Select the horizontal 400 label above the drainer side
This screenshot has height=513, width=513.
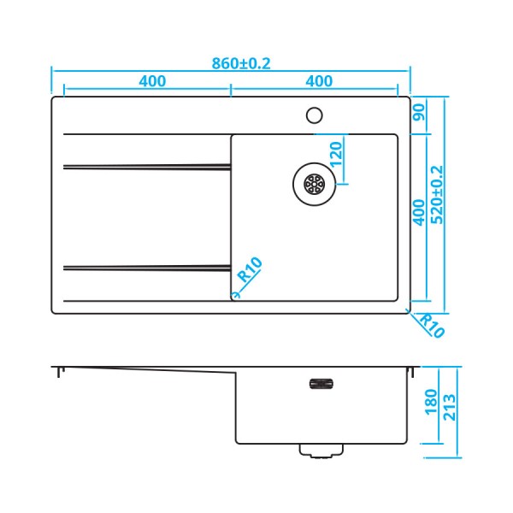click(151, 81)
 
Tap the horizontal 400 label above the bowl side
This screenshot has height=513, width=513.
click(318, 81)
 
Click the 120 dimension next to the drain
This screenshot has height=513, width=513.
click(336, 155)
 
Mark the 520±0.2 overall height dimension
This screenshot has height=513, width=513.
click(437, 194)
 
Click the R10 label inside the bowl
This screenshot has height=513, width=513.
click(249, 270)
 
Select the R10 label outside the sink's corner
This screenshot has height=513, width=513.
click(430, 326)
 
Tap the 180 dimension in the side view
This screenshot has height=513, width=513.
click(430, 399)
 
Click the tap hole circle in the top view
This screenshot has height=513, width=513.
click(313, 114)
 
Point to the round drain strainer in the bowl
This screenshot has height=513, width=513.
click(313, 183)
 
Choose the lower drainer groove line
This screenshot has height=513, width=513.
click(146, 267)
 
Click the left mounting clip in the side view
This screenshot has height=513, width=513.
click(59, 372)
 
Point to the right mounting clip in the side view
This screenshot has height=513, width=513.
click(412, 371)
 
